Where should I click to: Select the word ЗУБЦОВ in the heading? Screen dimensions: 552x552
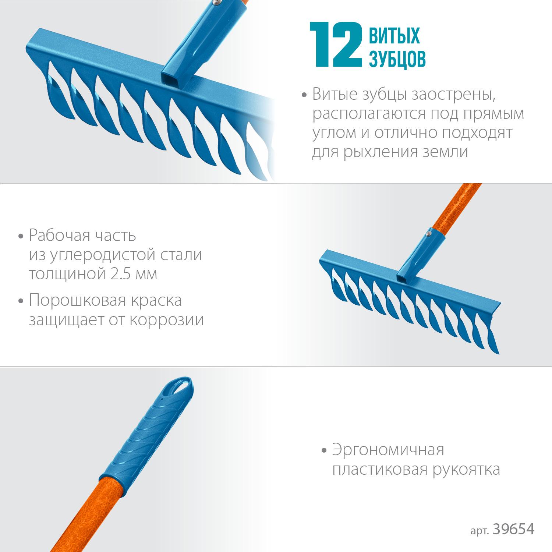point(397,59)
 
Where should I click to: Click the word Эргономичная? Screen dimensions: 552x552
point(388,450)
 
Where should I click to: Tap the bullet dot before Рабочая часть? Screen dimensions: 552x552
point(21,236)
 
